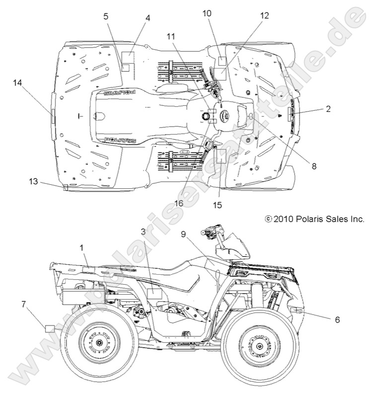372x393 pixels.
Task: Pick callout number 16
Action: pyautogui.click(x=179, y=203)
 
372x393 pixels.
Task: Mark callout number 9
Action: pyautogui.click(x=184, y=234)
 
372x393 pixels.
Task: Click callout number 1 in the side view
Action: pyautogui.click(x=82, y=247)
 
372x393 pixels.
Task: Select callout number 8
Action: pyautogui.click(x=313, y=167)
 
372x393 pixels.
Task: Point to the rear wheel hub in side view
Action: pyautogui.click(x=100, y=344)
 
